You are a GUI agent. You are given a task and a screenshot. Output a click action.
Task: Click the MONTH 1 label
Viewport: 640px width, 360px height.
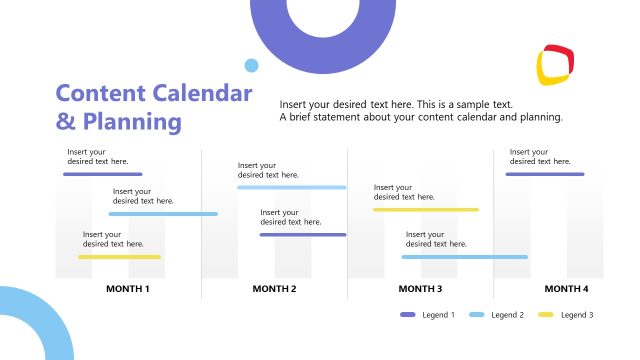128,289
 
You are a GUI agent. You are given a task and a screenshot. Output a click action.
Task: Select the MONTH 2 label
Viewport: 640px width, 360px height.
274,289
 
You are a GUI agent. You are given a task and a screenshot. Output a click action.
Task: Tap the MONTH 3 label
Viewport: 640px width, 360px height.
420,289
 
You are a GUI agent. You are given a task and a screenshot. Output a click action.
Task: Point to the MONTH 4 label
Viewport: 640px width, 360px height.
566,289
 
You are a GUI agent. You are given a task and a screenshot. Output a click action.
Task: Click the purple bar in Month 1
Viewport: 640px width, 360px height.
102,174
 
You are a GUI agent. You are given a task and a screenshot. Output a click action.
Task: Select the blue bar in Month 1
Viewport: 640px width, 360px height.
163,214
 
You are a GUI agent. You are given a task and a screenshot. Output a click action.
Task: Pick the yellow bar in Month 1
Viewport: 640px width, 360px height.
119,257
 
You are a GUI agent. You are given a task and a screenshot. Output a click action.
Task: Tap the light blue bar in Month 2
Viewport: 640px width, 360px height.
291,188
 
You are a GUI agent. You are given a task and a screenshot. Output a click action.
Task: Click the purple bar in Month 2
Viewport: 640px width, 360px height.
302,235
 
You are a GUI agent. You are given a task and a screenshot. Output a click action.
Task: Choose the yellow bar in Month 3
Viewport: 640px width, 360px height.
425,210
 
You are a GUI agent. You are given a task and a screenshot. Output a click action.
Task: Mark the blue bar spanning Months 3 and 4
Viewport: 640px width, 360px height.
464,257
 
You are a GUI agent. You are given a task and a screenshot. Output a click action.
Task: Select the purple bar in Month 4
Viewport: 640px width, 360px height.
544,174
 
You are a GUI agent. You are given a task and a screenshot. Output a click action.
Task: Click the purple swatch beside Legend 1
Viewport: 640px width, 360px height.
407,315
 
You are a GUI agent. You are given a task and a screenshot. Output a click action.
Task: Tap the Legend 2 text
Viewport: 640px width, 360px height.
507,315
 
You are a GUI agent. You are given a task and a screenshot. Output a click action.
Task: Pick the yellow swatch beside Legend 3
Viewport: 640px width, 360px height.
546,315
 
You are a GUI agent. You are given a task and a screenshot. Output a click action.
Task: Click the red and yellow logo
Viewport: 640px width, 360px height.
557,64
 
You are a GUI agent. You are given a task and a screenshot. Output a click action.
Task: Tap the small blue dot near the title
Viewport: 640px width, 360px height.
251,66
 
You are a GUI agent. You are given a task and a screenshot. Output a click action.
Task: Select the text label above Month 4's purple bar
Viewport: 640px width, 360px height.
540,156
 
